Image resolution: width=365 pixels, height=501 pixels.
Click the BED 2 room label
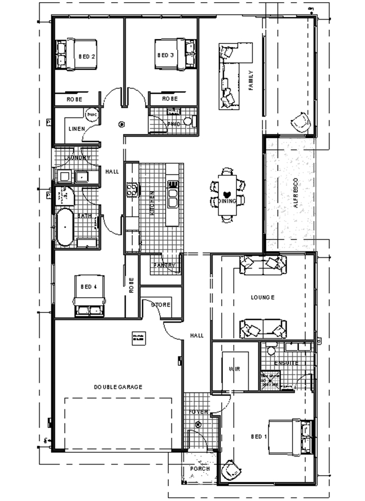click(87, 56)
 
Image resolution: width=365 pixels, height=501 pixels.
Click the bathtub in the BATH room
click(65, 227)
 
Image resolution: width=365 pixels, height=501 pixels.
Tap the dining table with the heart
click(227, 193)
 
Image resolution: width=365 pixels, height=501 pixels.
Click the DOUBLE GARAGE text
click(118, 387)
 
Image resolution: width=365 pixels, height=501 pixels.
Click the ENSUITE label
click(286, 363)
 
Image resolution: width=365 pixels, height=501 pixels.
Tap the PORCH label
click(200, 469)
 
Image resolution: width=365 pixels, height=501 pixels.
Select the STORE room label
click(160, 305)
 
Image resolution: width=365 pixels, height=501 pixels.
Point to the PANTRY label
click(164, 265)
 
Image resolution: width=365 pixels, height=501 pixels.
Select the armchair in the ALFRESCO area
click(301, 122)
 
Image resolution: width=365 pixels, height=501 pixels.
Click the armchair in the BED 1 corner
click(231, 470)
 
